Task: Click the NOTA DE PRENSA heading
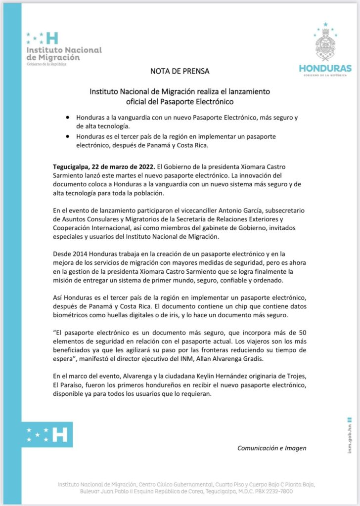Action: click(x=180, y=71)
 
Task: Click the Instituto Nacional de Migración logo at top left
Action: click(x=63, y=48)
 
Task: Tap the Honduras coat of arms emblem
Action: click(x=325, y=45)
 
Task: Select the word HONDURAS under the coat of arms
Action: click(x=325, y=68)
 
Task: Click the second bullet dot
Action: click(x=67, y=136)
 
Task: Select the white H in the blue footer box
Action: click(x=60, y=434)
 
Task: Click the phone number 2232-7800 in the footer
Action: click(x=284, y=492)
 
